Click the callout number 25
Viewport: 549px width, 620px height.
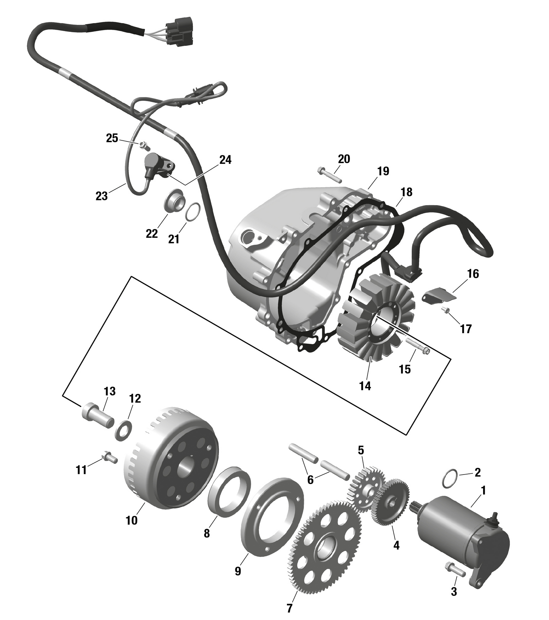pos(112,138)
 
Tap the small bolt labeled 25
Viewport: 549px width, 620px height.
pos(144,145)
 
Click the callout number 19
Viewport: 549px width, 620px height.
pos(383,171)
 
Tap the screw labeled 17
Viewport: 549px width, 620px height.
pos(447,310)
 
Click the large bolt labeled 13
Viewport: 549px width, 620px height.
pos(97,415)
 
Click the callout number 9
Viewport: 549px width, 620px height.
pos(238,571)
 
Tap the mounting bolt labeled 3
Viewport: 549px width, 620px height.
pos(455,569)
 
